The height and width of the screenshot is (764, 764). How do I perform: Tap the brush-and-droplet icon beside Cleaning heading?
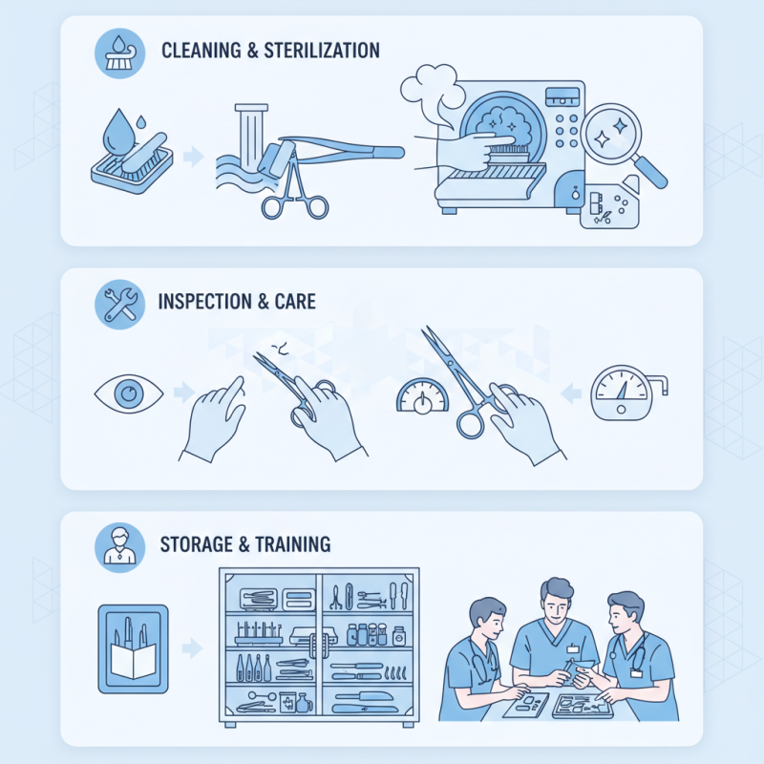[x=120, y=53]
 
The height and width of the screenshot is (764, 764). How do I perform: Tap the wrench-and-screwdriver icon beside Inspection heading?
[x=120, y=304]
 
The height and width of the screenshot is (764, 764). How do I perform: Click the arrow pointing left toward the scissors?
[x=567, y=393]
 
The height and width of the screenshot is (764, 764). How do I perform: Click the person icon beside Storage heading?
[x=120, y=546]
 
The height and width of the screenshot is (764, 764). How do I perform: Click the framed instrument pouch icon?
[x=133, y=648]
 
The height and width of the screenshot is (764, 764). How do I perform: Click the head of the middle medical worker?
[x=558, y=602]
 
